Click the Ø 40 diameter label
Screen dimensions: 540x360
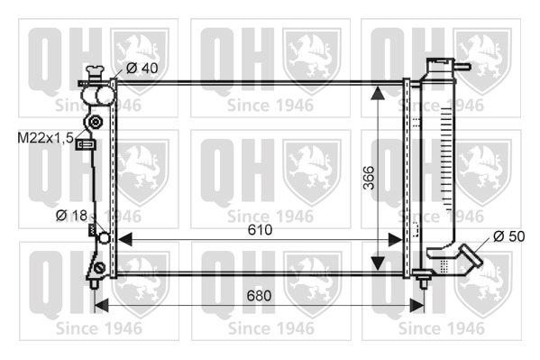pyautogui.click(x=142, y=68)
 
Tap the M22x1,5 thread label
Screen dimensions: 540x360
pyautogui.click(x=45, y=138)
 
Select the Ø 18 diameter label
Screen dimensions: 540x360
pyautogui.click(x=71, y=216)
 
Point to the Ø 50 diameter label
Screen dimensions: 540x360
pyautogui.click(x=509, y=236)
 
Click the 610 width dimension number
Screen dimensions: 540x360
pyautogui.click(x=260, y=230)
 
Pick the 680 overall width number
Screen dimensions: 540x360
pyautogui.click(x=259, y=296)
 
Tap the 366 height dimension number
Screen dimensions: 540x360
pyautogui.click(x=370, y=178)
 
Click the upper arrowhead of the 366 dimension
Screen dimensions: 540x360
pyautogui.click(x=378, y=93)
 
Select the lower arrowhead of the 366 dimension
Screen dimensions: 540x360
pyautogui.click(x=378, y=263)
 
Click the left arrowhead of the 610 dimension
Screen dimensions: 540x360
pyautogui.click(x=124, y=239)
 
